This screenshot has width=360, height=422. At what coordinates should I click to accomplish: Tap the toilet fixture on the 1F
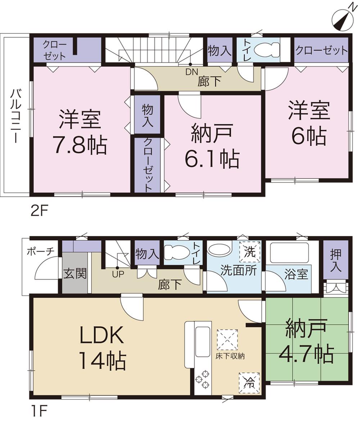tap(176, 251)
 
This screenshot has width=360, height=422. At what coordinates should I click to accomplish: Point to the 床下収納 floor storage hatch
tap(227, 339)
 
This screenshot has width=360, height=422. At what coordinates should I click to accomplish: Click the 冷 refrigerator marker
tap(249, 382)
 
